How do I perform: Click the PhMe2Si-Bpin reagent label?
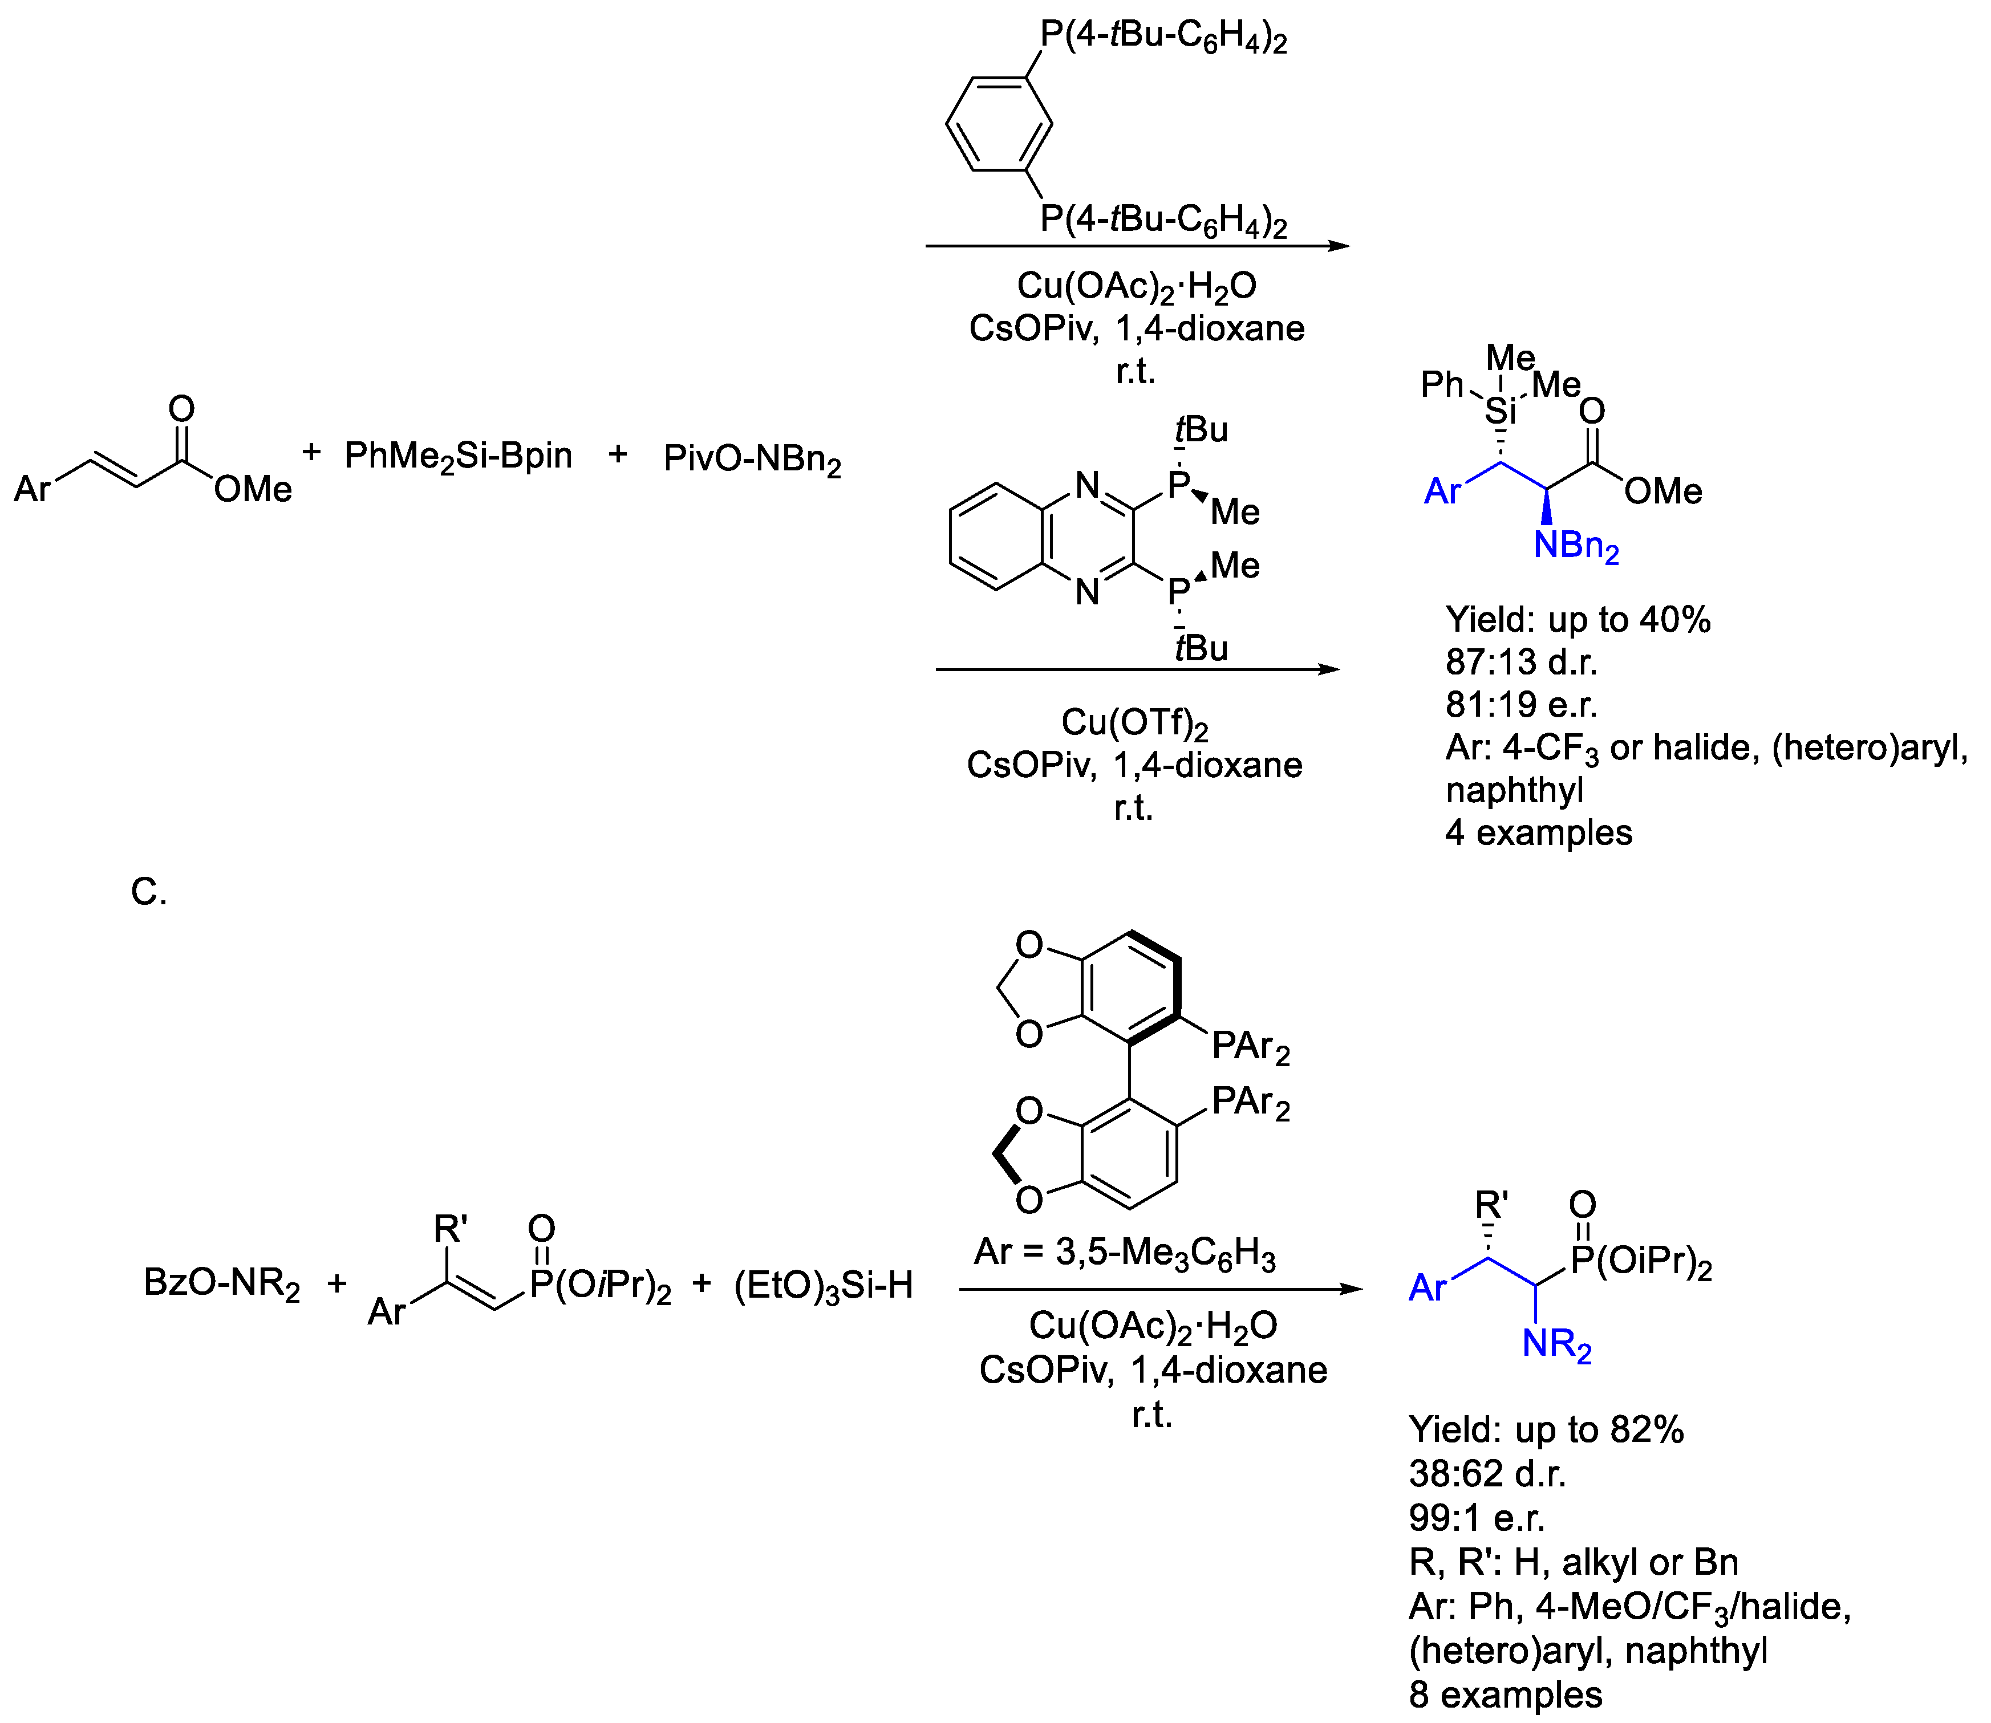pyautogui.click(x=458, y=456)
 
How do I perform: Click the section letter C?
pyautogui.click(x=148, y=892)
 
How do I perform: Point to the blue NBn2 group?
pyautogui.click(x=1575, y=546)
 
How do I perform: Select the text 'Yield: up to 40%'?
pyautogui.click(x=1578, y=620)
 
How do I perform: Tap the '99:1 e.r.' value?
pyautogui.click(x=1477, y=1518)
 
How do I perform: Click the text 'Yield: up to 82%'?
pyautogui.click(x=1546, y=1430)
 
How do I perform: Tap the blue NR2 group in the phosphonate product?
pyautogui.click(x=1556, y=1344)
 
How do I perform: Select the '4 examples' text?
pyautogui.click(x=1538, y=832)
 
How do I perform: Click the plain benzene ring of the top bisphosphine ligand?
pyautogui.click(x=999, y=124)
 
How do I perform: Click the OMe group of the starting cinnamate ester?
pyautogui.click(x=252, y=489)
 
